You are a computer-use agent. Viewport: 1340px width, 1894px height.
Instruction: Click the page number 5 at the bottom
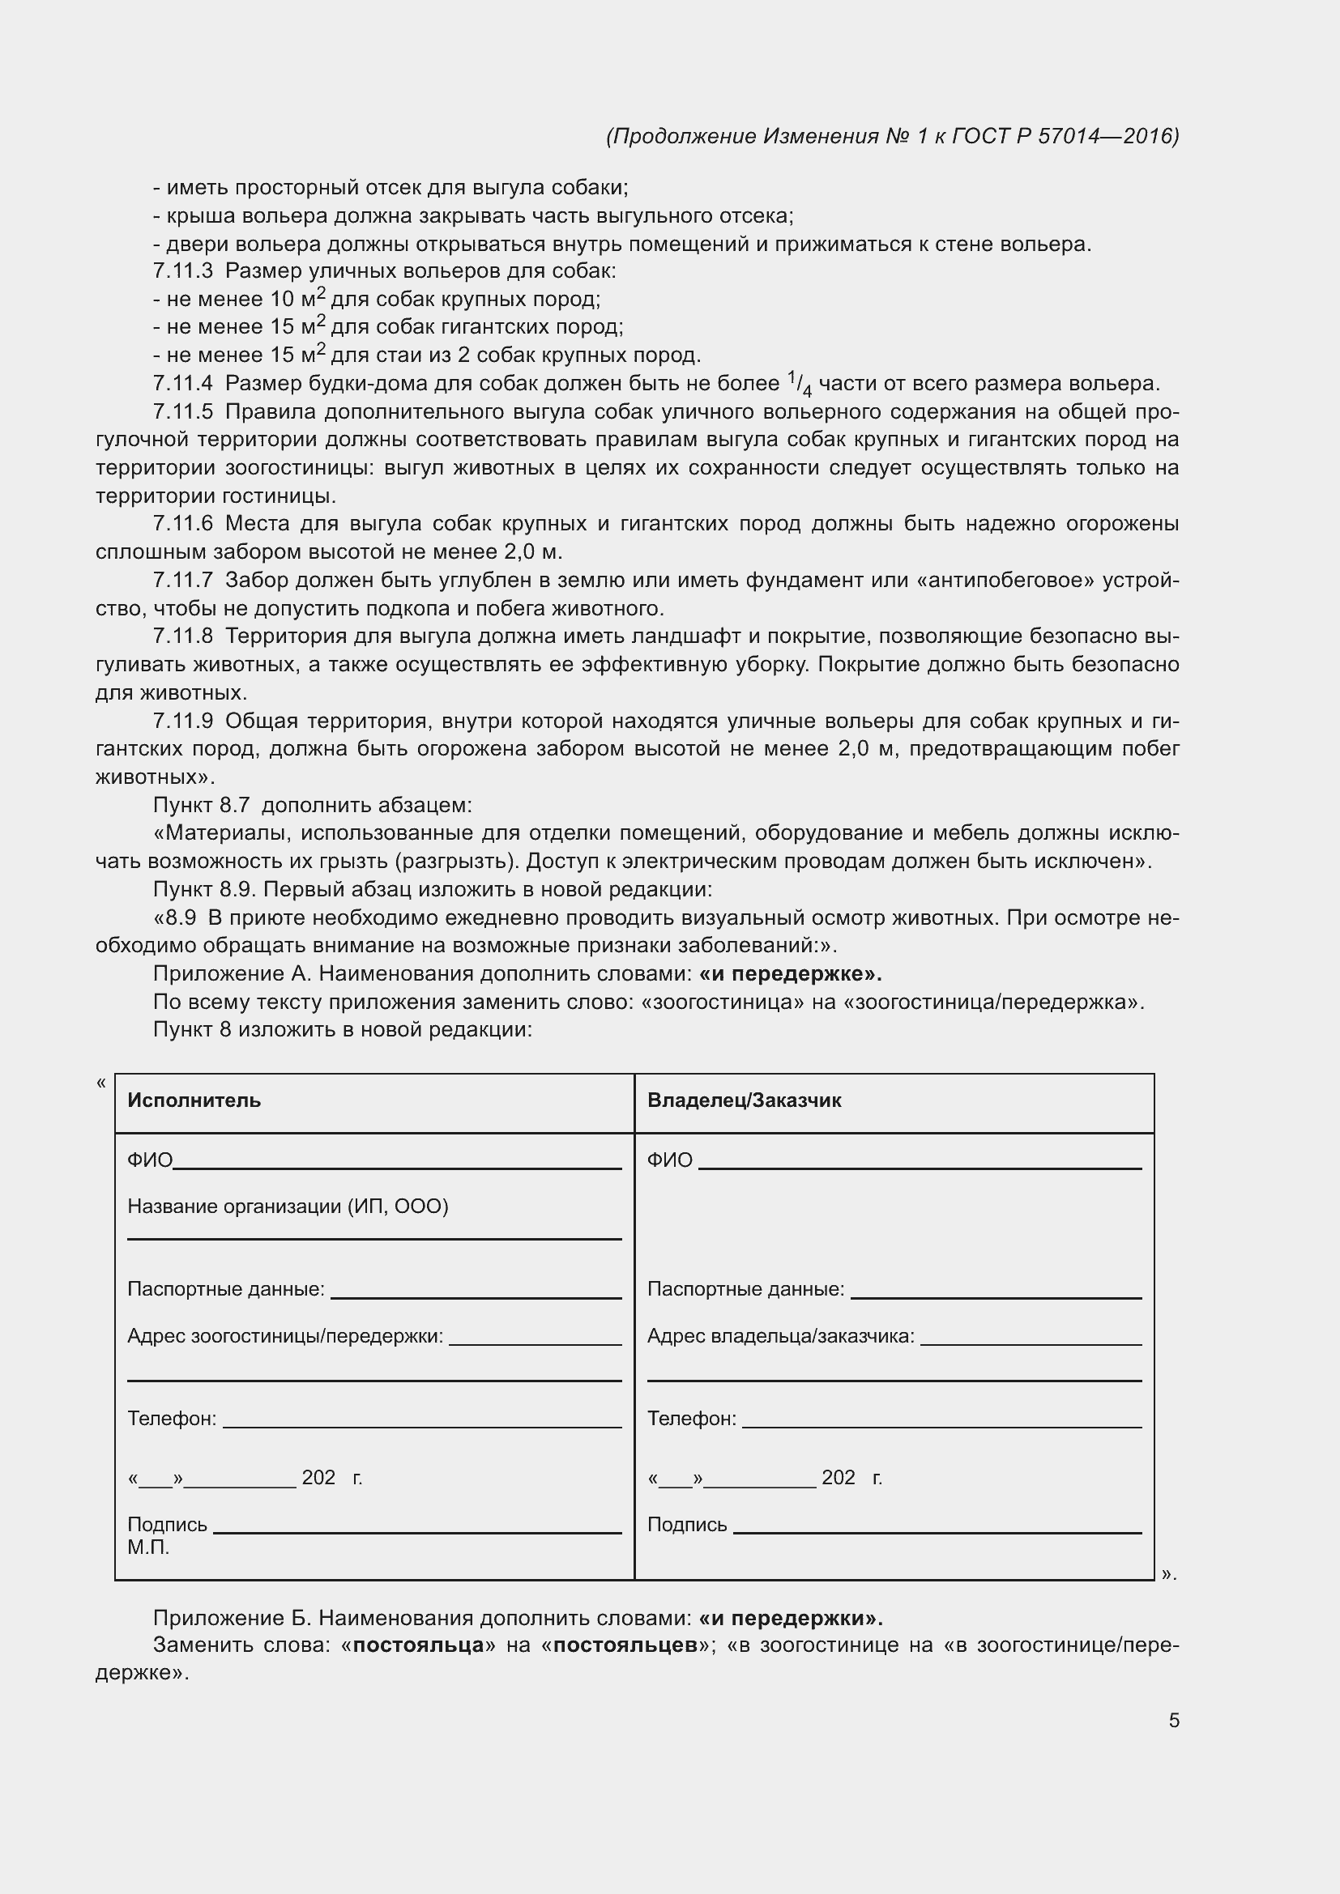tap(1173, 1721)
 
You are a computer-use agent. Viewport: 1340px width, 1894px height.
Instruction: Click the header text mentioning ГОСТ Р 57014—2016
tap(892, 136)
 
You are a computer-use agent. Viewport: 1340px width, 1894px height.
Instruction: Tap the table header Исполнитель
tap(194, 1100)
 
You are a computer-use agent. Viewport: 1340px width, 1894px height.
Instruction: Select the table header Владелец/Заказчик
tap(744, 1100)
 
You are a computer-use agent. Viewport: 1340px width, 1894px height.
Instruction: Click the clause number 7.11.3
tap(182, 271)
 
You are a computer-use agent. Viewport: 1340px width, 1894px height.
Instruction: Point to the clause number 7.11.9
tap(182, 721)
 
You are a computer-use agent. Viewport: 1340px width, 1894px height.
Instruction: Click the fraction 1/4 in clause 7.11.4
tap(799, 384)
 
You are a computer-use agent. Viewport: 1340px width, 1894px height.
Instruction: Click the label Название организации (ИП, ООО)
tap(287, 1207)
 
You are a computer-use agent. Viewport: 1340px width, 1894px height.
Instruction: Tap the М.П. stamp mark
tap(147, 1547)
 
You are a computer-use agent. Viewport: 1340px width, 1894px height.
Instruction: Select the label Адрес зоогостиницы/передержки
tap(284, 1336)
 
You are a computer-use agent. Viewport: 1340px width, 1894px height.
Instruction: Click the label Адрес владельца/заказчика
tap(779, 1336)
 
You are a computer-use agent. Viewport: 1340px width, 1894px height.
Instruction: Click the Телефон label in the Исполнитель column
tap(172, 1419)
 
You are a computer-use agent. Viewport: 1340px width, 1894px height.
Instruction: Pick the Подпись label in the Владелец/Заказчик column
tap(686, 1526)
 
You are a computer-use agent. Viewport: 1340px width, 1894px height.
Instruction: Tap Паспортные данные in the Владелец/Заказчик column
tap(745, 1289)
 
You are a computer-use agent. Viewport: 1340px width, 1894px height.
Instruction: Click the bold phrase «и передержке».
tap(790, 974)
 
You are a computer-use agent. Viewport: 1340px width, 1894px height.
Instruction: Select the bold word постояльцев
tap(625, 1645)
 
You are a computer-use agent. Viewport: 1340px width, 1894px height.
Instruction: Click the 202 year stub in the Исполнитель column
tap(318, 1479)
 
